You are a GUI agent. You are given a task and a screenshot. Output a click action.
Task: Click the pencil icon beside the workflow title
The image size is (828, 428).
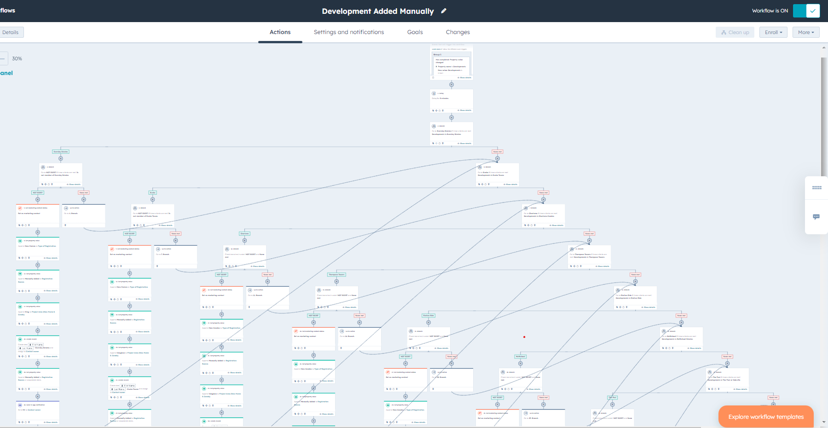(x=444, y=11)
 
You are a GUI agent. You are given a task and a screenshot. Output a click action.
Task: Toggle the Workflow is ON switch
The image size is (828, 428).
(x=806, y=11)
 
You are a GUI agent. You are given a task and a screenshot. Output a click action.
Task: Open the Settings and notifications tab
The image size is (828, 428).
(x=348, y=32)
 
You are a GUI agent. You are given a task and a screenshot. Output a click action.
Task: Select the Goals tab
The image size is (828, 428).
(x=415, y=32)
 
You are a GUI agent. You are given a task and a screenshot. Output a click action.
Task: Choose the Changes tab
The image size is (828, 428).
(x=457, y=32)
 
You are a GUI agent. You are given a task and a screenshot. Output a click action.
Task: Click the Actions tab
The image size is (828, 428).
(x=280, y=32)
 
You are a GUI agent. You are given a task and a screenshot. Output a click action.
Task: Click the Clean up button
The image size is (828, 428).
(x=735, y=32)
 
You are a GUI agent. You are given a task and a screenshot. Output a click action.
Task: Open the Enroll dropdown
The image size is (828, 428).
(x=774, y=32)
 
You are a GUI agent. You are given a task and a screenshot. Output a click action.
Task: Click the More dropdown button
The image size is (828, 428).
(x=806, y=32)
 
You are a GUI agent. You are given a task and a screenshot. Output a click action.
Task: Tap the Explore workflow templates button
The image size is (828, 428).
(x=766, y=416)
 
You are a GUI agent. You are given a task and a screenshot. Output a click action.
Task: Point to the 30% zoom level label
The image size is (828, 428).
(x=17, y=58)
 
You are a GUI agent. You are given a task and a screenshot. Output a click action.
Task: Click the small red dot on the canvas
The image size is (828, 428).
(x=524, y=337)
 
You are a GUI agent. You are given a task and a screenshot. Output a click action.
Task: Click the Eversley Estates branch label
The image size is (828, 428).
(x=61, y=151)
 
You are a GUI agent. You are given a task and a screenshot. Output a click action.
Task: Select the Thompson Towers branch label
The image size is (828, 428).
(x=336, y=274)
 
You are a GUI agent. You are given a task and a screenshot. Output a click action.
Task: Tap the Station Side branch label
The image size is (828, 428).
(x=428, y=315)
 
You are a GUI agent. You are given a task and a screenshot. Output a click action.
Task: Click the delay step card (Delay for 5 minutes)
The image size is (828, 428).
(x=452, y=100)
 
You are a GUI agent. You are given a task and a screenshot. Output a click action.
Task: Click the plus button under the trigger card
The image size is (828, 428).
(x=452, y=85)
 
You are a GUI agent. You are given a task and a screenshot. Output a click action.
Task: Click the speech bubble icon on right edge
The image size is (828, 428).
(x=816, y=217)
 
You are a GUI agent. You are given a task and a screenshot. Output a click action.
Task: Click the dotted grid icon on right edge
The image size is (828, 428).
(x=816, y=188)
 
